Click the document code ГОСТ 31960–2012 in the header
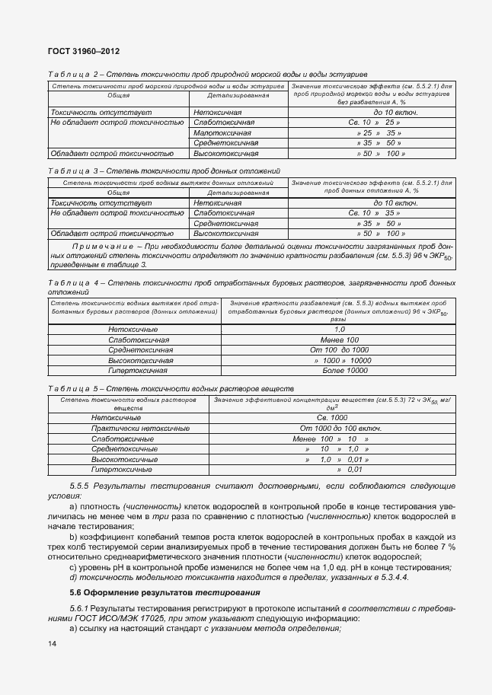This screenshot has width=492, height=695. pyautogui.click(x=84, y=51)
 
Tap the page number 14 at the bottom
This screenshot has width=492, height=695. pyautogui.click(x=52, y=644)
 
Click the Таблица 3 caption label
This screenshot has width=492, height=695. pyautogui.click(x=70, y=172)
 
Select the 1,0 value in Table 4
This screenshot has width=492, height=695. pyautogui.click(x=340, y=329)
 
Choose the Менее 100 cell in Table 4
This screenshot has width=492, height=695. pyautogui.click(x=340, y=340)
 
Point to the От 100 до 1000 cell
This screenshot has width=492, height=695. pyautogui.click(x=340, y=349)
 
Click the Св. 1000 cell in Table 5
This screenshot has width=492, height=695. pyautogui.click(x=332, y=419)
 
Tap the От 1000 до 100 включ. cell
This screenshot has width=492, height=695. pyautogui.click(x=332, y=429)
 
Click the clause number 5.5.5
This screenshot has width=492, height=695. pyautogui.click(x=81, y=486)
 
